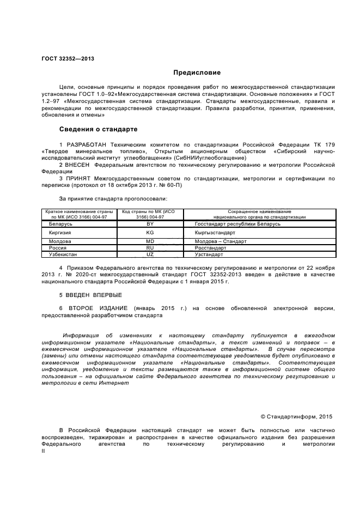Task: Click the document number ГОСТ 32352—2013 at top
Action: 68,58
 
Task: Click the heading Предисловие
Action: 190,72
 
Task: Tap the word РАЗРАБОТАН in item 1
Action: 87,144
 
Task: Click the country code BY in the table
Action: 150,224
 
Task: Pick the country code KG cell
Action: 150,233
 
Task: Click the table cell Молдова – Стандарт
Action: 221,241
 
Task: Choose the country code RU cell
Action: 150,248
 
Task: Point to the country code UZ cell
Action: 150,254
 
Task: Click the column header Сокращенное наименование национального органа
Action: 252,214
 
